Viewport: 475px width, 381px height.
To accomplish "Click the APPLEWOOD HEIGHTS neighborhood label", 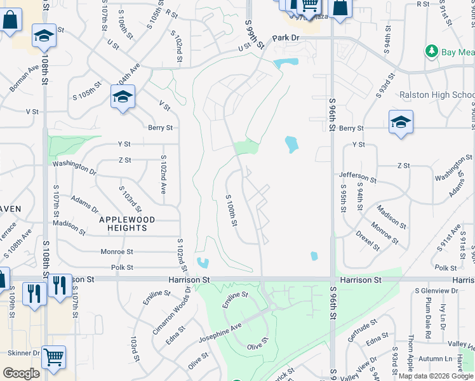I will pos(127,224).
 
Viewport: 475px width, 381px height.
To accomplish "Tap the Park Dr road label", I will pos(286,38).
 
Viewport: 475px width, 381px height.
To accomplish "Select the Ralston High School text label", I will pos(437,95).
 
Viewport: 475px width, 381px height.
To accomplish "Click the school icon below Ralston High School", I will pos(401,123).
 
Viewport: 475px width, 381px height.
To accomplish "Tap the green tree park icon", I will pos(432,51).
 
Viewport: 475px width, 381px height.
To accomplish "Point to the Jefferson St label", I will pos(358,177).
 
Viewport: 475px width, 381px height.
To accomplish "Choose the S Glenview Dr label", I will pos(436,290).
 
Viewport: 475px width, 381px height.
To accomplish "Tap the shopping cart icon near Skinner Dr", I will pos(54,358).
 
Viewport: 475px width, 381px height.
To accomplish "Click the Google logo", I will pos(21,373).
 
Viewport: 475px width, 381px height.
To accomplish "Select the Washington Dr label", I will pos(74,168).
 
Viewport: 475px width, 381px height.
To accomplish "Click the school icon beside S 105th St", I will pos(123,97).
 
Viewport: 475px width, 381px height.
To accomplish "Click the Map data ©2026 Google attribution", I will pos(436,376).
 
